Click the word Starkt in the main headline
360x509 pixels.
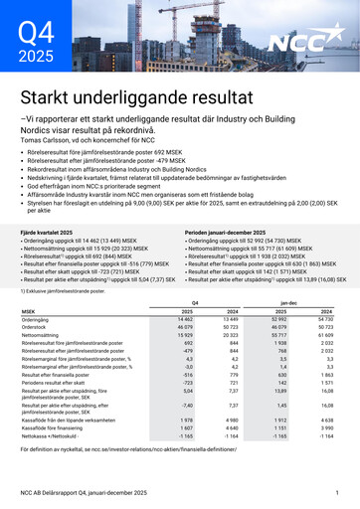click(x=54, y=98)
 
